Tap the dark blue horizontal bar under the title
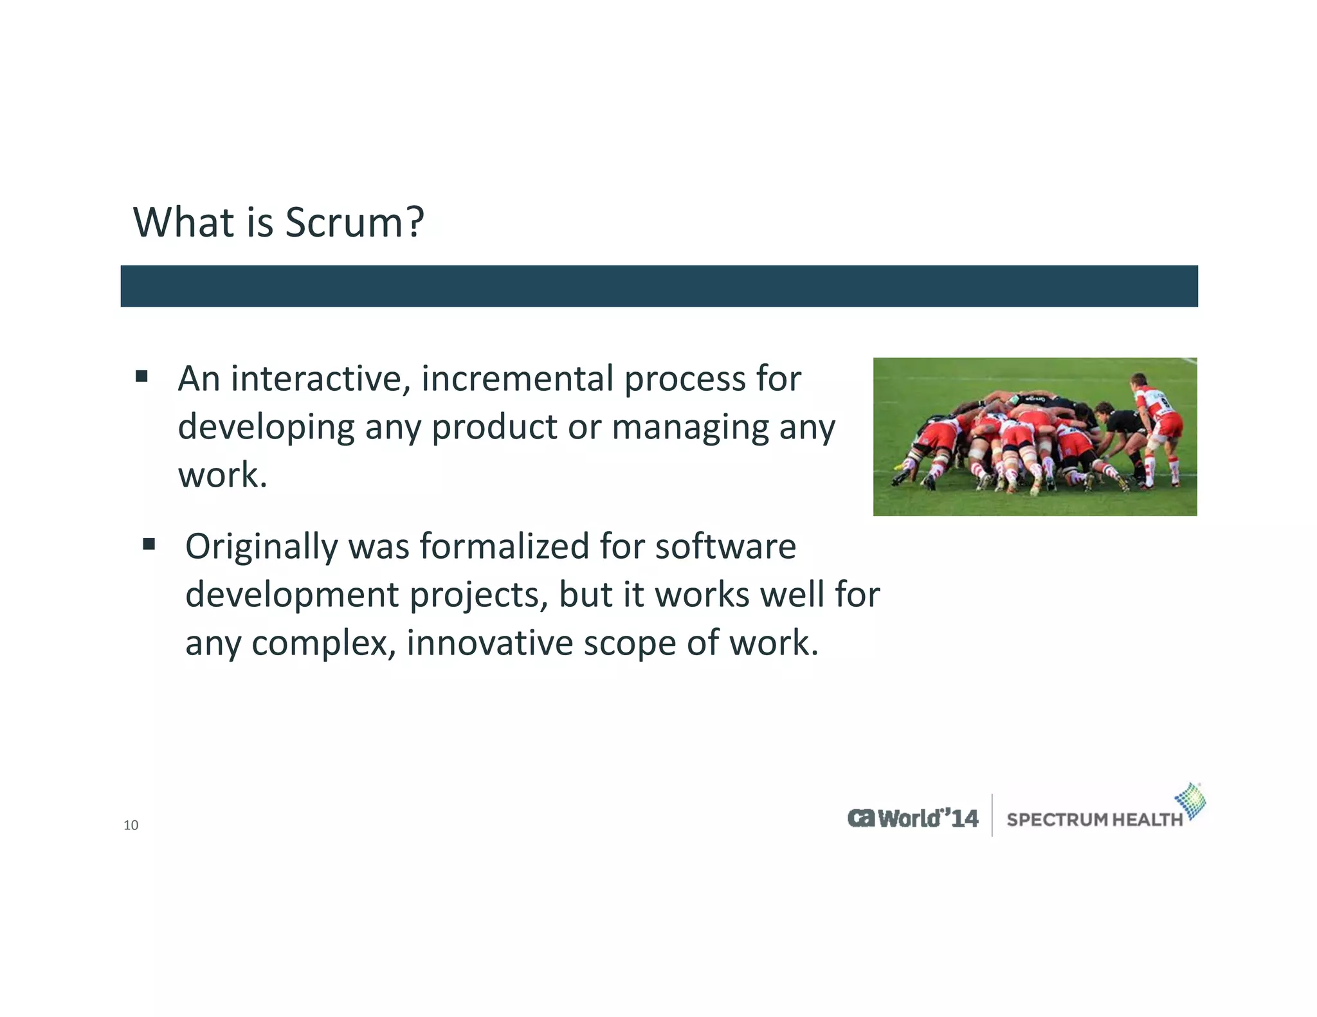tap(658, 286)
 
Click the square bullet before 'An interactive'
tap(141, 376)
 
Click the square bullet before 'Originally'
tap(149, 545)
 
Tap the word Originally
tap(260, 548)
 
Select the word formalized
tap(504, 546)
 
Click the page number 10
tap(131, 825)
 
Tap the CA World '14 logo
tap(913, 818)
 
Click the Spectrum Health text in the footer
tap(1094, 820)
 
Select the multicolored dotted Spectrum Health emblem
tap(1190, 800)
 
